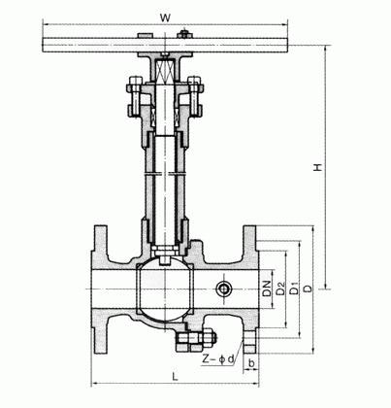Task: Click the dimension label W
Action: tap(165, 17)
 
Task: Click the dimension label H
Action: tap(318, 167)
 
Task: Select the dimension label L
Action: tap(175, 377)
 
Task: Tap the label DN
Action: tap(267, 289)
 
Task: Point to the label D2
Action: tap(280, 289)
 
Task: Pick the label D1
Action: tap(294, 289)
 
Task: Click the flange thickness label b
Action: tap(251, 363)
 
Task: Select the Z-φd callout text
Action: tap(217, 359)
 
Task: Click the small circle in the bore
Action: tap(224, 289)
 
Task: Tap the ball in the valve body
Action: tap(165, 289)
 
